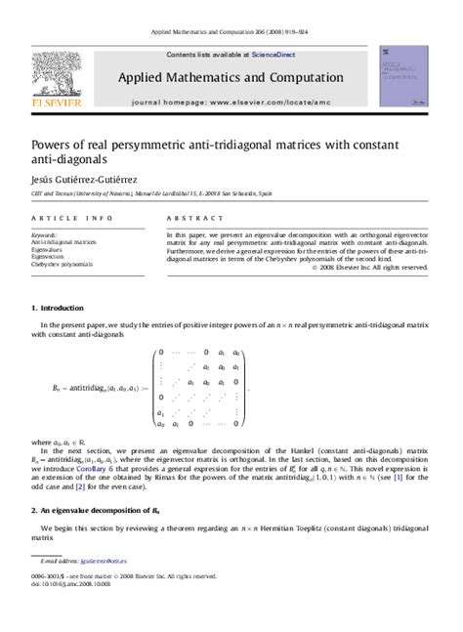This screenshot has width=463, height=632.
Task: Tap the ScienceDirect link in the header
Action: click(x=275, y=54)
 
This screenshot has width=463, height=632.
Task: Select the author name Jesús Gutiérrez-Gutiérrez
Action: click(x=91, y=179)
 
